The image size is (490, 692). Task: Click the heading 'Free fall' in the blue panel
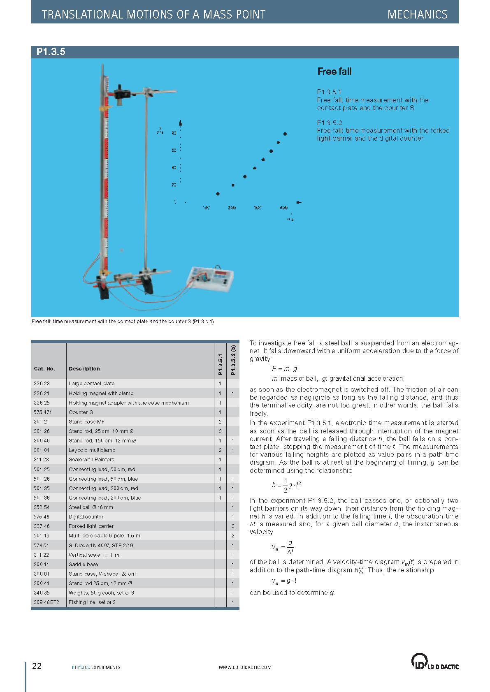tap(334, 72)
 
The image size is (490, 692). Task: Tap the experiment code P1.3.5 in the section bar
tap(51, 52)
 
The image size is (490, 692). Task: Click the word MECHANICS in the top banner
tap(417, 15)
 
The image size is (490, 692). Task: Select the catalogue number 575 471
tap(43, 412)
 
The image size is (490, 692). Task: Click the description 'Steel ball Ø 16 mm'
tap(91, 507)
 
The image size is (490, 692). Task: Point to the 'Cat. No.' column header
tap(44, 369)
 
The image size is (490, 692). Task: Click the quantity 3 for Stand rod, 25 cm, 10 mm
tap(220, 431)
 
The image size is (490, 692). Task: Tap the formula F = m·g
tap(284, 369)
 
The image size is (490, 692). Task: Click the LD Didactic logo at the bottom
tap(434, 662)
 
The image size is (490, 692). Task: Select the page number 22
tap(37, 666)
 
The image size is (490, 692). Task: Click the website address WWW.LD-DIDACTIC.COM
tap(245, 667)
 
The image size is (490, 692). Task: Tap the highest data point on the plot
tap(285, 134)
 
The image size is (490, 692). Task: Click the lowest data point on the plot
tap(218, 194)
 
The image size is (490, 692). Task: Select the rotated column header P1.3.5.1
tap(220, 364)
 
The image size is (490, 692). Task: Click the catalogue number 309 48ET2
tap(46, 602)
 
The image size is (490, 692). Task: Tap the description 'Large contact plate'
tap(91, 384)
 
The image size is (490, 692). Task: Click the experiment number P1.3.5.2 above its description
tap(330, 123)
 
